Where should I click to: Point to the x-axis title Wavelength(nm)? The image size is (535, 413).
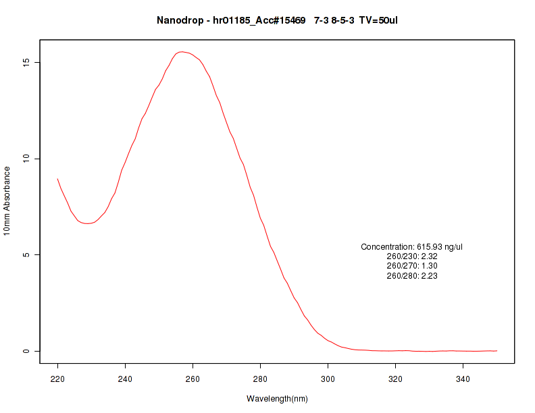(277, 399)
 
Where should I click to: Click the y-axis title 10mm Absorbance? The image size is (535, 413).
(7, 200)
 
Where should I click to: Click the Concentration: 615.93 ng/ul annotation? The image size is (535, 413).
(411, 247)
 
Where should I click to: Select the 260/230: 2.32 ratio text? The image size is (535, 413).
(411, 256)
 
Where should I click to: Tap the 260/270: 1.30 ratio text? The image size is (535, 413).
(411, 266)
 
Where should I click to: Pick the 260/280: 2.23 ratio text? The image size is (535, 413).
(411, 275)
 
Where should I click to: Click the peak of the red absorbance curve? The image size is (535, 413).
(181, 52)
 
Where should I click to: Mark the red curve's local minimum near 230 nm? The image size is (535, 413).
(87, 223)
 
